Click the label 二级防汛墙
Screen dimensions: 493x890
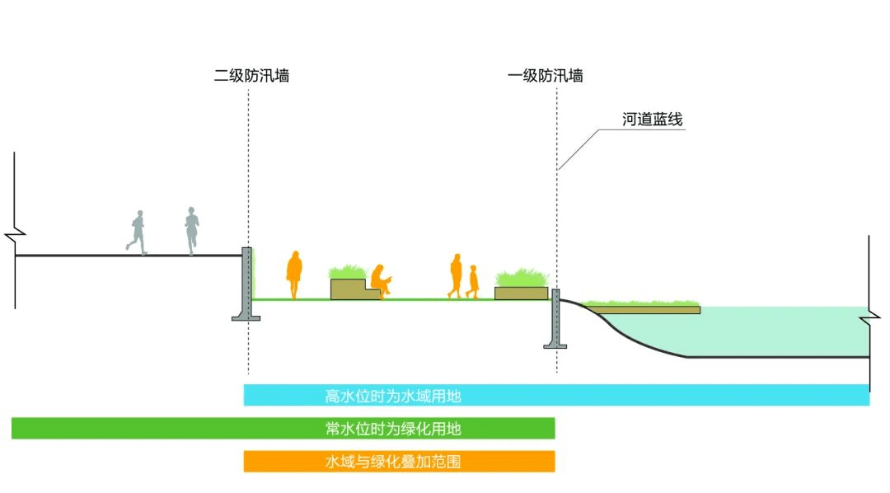pyautogui.click(x=251, y=76)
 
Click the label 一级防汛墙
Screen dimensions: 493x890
pyautogui.click(x=546, y=76)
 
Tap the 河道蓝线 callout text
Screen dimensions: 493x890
pyautogui.click(x=652, y=120)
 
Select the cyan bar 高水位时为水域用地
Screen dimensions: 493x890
pyautogui.click(x=556, y=396)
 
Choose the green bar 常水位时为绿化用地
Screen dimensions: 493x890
pyautogui.click(x=283, y=429)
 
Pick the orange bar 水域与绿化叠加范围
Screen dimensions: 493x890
pyautogui.click(x=399, y=462)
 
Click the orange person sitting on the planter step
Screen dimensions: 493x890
pyautogui.click(x=380, y=280)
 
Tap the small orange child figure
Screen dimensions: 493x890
pyautogui.click(x=473, y=281)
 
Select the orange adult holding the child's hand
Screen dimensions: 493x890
pyautogui.click(x=455, y=275)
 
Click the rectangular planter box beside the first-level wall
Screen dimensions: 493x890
pyautogui.click(x=520, y=292)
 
